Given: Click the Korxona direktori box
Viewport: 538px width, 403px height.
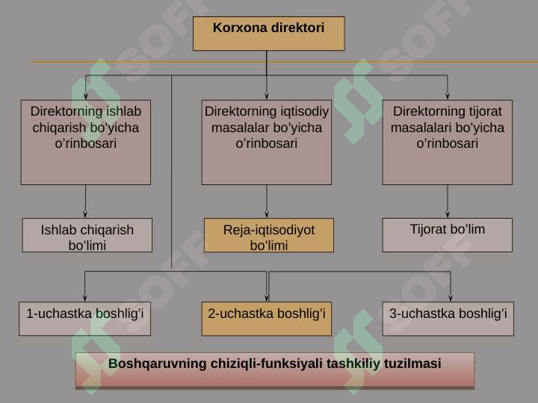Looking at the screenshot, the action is click(269, 34).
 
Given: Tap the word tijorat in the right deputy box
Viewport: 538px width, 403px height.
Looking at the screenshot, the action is click(485, 111).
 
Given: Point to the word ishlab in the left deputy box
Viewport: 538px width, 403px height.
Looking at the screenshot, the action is click(124, 111).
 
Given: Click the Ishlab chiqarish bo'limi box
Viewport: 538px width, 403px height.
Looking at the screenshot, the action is click(87, 235).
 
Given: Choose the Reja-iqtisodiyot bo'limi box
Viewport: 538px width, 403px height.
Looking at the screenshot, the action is click(269, 235).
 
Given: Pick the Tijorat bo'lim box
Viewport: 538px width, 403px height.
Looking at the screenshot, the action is click(448, 235).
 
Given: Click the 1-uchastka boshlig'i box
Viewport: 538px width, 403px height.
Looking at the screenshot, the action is click(84, 319).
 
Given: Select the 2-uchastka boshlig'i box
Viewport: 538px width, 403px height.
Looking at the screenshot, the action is click(267, 319).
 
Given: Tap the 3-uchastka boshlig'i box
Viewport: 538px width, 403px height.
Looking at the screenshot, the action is click(448, 319).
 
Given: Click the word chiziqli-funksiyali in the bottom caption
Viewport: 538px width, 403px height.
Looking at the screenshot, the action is click(266, 363).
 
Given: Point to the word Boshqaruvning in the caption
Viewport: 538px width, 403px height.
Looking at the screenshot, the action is click(157, 363).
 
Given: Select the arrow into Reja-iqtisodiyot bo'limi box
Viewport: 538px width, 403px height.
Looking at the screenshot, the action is click(267, 201).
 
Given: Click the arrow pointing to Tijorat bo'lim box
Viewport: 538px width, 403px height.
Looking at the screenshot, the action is click(448, 201).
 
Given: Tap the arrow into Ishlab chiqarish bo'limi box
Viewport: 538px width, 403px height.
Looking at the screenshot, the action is click(85, 201).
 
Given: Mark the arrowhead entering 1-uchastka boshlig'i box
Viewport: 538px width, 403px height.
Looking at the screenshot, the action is click(84, 298).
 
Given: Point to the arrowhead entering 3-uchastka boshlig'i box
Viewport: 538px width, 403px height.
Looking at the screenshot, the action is click(451, 298).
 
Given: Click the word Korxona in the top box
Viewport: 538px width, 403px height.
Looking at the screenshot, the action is click(235, 28).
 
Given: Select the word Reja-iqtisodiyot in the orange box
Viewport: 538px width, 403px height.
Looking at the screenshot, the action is click(269, 230).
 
